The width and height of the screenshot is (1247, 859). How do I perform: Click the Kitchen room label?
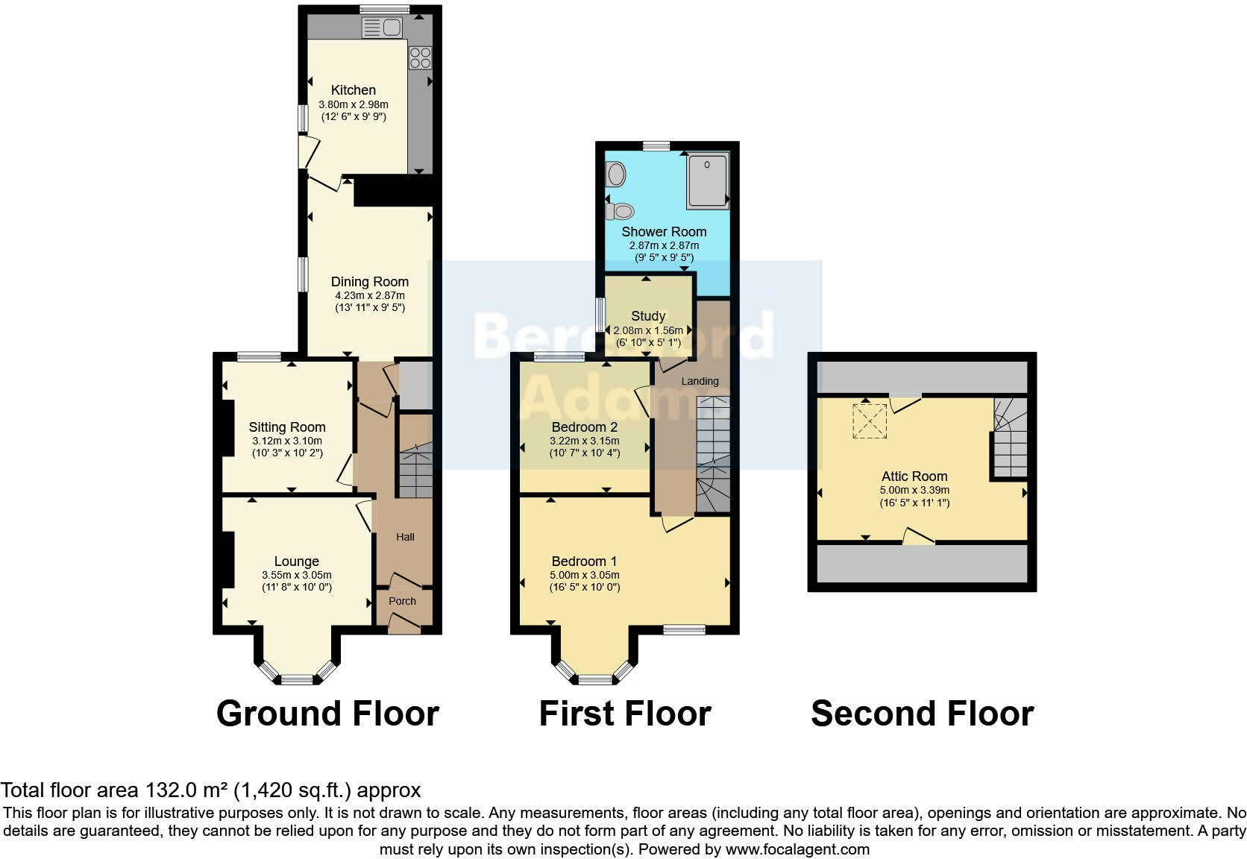tap(353, 90)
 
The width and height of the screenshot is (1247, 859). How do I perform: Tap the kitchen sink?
tap(382, 28)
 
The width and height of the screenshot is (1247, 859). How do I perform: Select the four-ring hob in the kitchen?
tap(420, 58)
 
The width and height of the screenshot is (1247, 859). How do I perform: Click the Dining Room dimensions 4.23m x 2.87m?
tap(370, 295)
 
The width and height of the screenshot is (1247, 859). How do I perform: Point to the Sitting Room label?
tap(287, 427)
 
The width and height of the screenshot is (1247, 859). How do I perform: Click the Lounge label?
tap(296, 561)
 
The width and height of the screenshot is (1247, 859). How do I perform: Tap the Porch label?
tap(402, 601)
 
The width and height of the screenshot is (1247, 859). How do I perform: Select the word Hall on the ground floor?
tap(405, 537)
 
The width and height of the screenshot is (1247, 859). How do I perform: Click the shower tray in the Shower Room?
tap(707, 180)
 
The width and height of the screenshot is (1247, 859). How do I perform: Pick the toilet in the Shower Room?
tap(621, 212)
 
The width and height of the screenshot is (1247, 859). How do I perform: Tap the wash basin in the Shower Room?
tap(616, 174)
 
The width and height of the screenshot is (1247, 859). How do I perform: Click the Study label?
tap(647, 316)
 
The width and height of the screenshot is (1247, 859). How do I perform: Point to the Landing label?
tap(700, 381)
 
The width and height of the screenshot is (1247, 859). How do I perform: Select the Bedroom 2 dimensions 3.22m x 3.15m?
tap(585, 441)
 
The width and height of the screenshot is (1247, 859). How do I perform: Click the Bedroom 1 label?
tap(584, 561)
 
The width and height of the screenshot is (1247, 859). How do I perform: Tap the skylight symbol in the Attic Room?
tap(870, 421)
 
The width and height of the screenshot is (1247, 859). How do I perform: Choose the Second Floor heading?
tap(922, 714)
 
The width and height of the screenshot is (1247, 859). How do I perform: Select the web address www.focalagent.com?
tap(797, 849)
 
